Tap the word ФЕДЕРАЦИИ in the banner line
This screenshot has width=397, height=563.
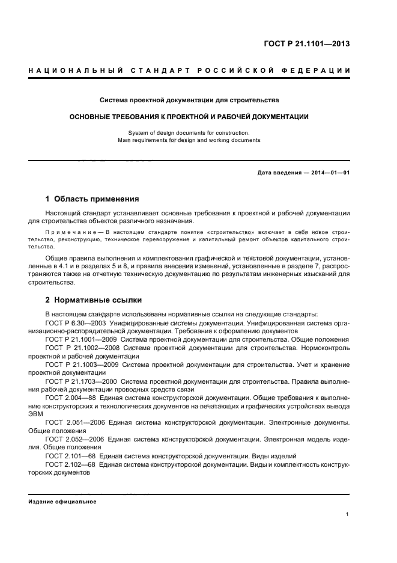click(x=321, y=71)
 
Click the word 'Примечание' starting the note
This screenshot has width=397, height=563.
click(x=71, y=231)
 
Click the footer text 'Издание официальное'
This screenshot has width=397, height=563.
click(x=62, y=502)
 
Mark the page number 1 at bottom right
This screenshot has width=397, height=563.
click(x=348, y=514)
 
